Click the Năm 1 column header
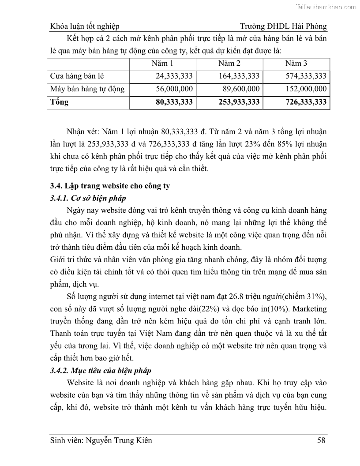pyautogui.click(x=162, y=63)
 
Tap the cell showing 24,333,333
pyautogui.click(x=174, y=76)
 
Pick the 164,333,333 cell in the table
pyautogui.click(x=239, y=76)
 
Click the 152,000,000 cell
pyautogui.click(x=306, y=89)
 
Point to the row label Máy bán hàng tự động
pyautogui.click(x=87, y=89)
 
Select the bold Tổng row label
pyautogui.click(x=60, y=102)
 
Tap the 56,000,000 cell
pyautogui.click(x=174, y=89)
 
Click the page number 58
pyautogui.click(x=322, y=440)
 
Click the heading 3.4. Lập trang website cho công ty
pyautogui.click(x=110, y=186)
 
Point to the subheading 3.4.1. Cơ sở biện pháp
pyautogui.click(x=88, y=198)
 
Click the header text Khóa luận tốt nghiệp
pyautogui.click(x=85, y=26)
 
